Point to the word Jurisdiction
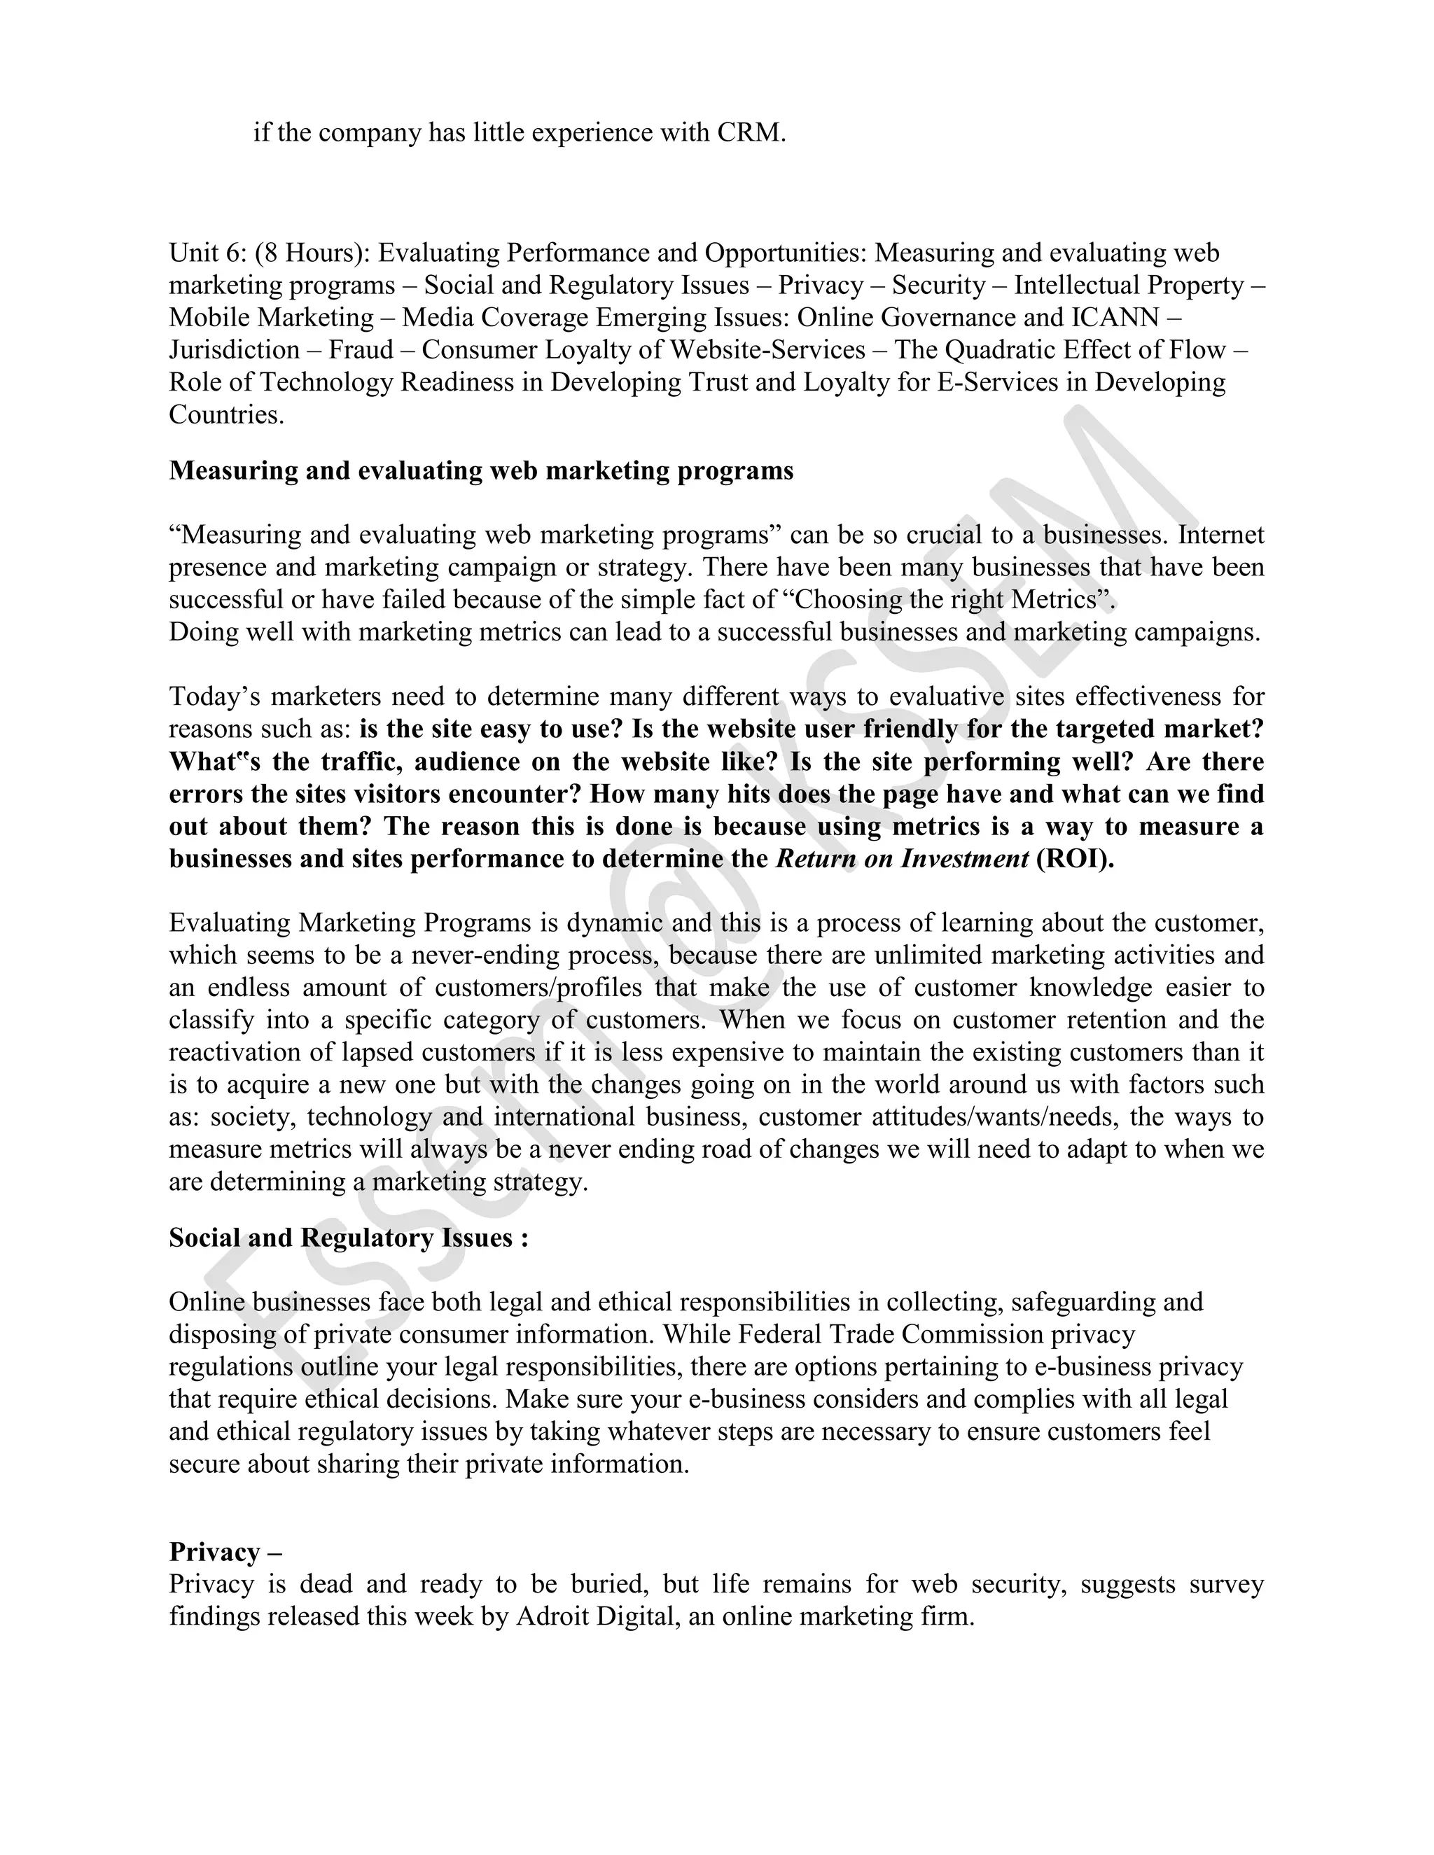234,350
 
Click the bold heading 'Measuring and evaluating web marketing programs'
481,470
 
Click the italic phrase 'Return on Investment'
902,859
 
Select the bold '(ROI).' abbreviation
1075,859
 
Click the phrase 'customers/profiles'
538,988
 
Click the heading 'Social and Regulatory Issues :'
348,1238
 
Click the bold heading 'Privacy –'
225,1552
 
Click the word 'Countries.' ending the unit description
226,414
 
